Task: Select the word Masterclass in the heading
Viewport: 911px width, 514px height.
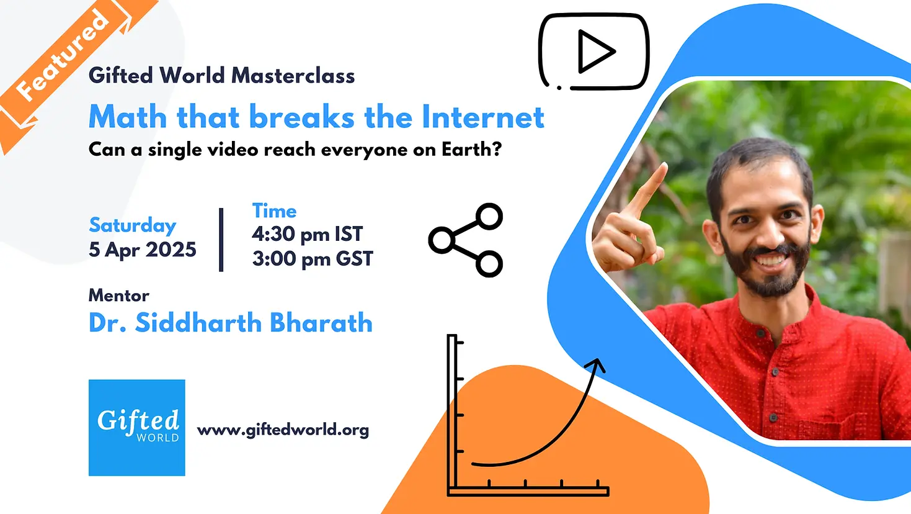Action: click(293, 76)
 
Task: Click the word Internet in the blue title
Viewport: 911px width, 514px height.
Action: click(483, 117)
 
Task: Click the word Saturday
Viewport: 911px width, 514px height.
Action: click(133, 226)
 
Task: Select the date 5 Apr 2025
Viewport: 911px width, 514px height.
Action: click(143, 250)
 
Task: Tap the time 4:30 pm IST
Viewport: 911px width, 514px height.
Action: click(308, 234)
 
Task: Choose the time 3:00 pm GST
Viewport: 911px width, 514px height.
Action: click(313, 259)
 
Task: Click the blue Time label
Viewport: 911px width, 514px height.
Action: click(275, 211)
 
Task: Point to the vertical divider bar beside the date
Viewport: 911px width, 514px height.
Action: click(221, 240)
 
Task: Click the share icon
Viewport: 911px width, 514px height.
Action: click(466, 240)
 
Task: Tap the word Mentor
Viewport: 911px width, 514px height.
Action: click(118, 295)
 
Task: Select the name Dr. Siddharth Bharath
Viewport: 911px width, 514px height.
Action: click(231, 323)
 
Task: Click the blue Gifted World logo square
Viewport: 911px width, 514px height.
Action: click(137, 428)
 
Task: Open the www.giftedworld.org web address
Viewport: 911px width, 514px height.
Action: click(283, 430)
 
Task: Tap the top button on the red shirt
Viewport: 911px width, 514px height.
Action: click(760, 333)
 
